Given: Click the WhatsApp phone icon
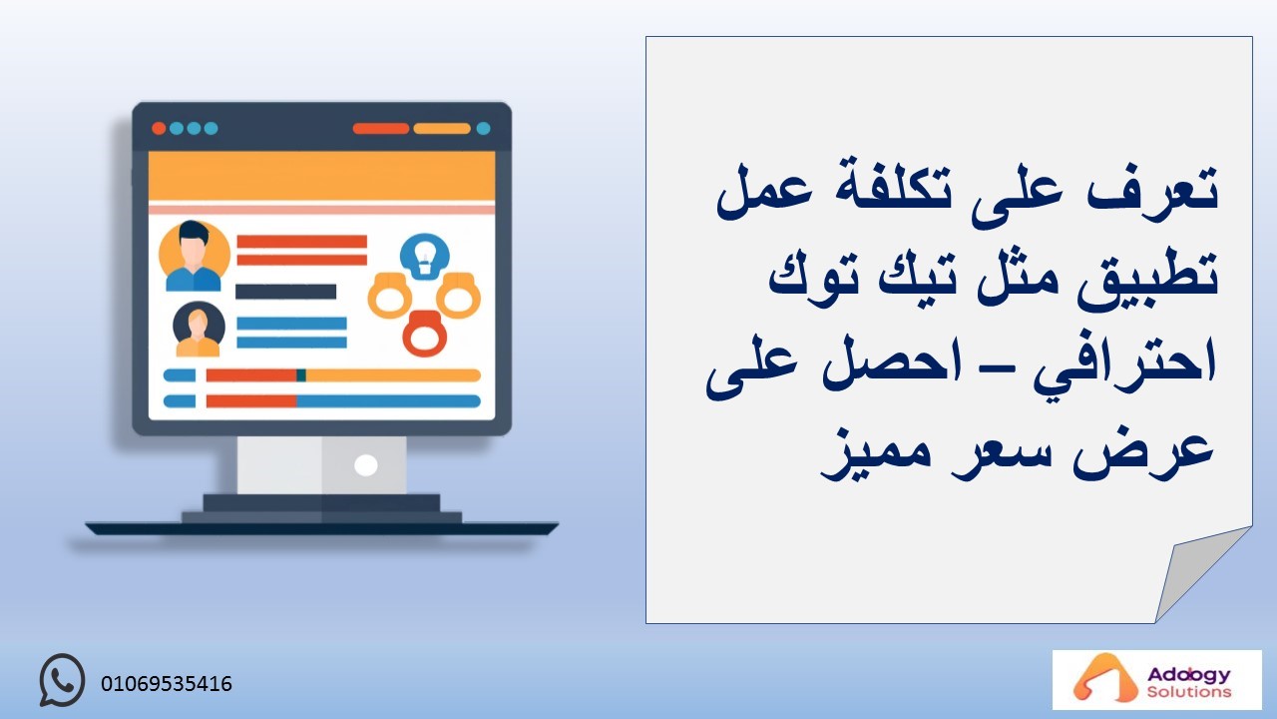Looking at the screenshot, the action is [62, 680].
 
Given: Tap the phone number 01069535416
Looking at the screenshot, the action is [167, 684].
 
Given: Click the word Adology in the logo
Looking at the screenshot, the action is [1188, 675].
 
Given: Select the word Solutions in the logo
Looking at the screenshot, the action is [1189, 692].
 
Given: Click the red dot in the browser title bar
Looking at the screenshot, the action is [159, 129].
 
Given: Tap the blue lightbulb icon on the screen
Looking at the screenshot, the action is [424, 257].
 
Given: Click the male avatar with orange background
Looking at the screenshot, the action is [194, 257].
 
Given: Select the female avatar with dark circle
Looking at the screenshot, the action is [199, 330].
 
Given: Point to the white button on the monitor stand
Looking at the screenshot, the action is [365, 465].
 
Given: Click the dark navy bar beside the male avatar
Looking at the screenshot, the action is [285, 292].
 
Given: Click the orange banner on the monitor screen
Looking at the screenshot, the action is [321, 176].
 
